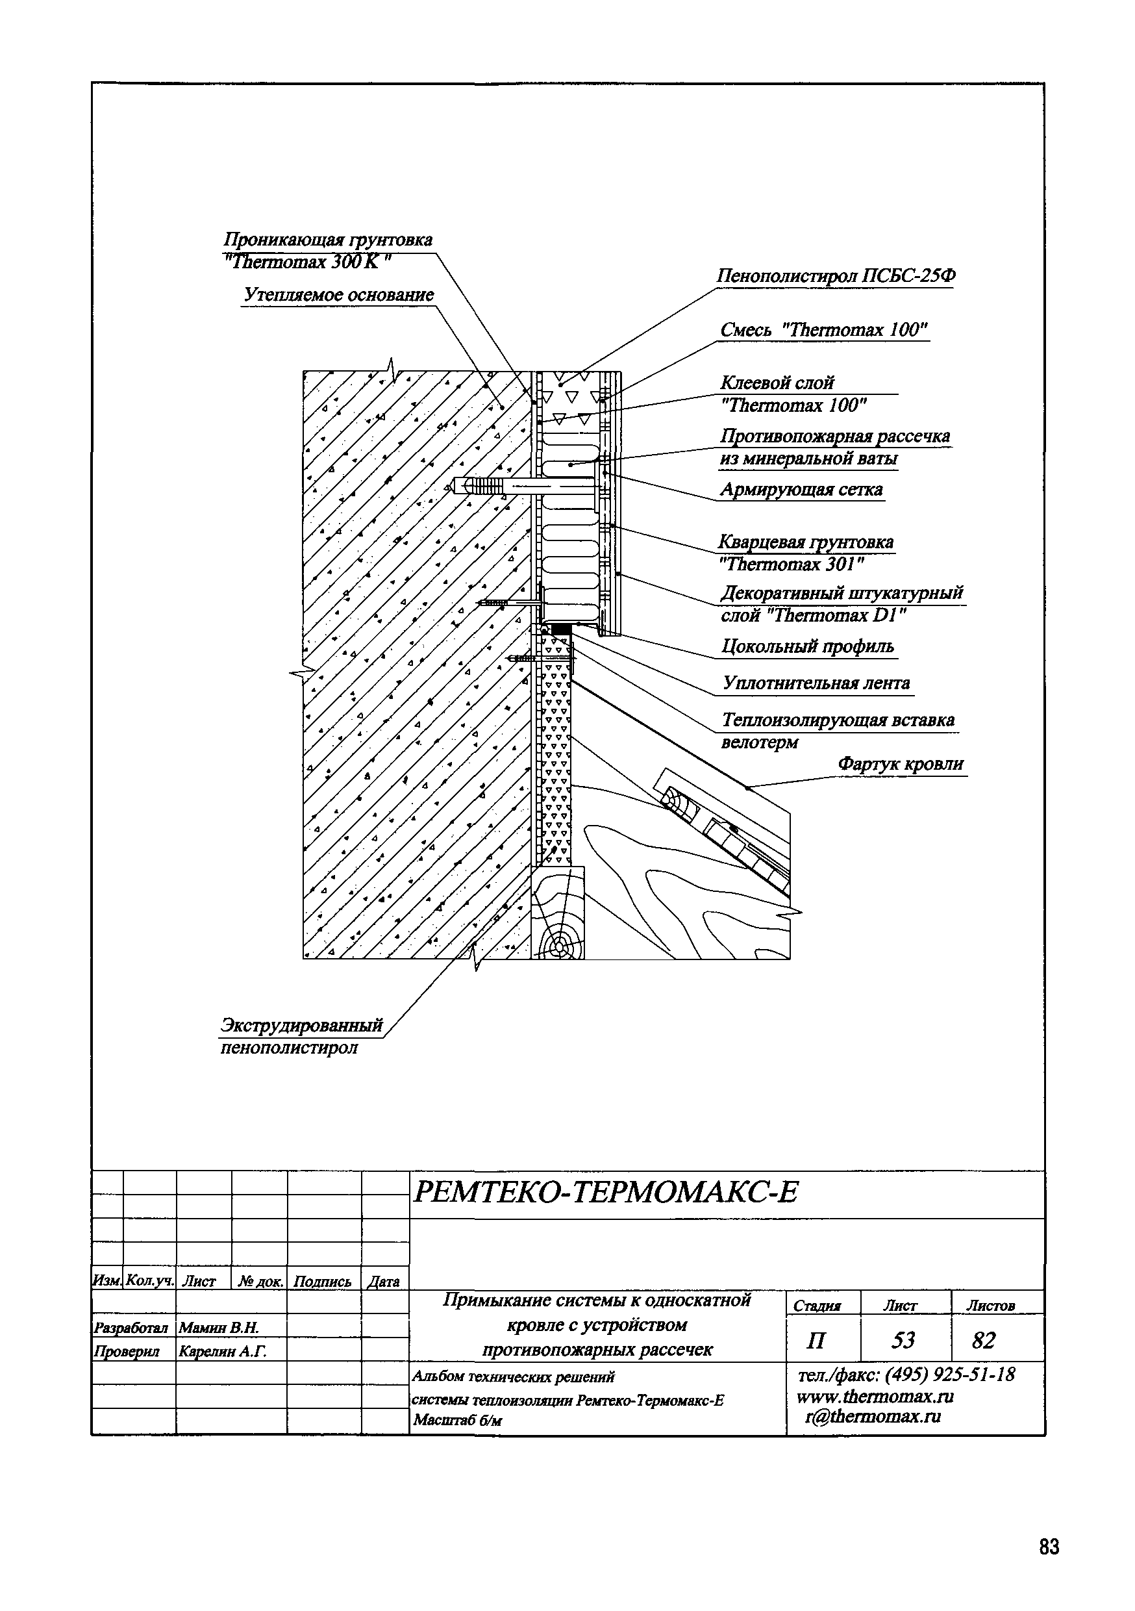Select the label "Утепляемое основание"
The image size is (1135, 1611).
(338, 295)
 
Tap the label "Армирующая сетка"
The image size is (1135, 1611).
(801, 489)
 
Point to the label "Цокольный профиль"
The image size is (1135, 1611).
(808, 646)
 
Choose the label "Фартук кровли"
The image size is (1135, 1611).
(901, 763)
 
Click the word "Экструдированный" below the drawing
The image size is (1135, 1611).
(302, 1025)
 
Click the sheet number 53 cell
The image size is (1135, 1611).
(903, 1340)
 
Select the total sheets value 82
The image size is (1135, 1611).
(984, 1340)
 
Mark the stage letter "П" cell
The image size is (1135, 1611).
(816, 1341)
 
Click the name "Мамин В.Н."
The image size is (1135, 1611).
(219, 1328)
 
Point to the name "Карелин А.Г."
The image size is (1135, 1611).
(222, 1351)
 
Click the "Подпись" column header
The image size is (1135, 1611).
(323, 1281)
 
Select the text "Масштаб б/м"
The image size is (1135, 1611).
(457, 1421)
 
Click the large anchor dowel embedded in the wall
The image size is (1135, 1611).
(484, 485)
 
